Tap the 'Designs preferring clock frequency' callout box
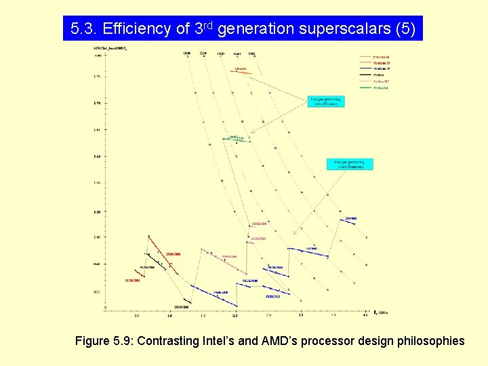[349, 164]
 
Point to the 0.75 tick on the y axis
[96, 77]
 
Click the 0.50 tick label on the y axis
[96, 211]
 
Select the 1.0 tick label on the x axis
[169, 316]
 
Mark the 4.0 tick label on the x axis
[365, 316]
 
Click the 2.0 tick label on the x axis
[235, 316]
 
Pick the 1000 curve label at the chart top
[186, 52]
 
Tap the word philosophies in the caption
[430, 341]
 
